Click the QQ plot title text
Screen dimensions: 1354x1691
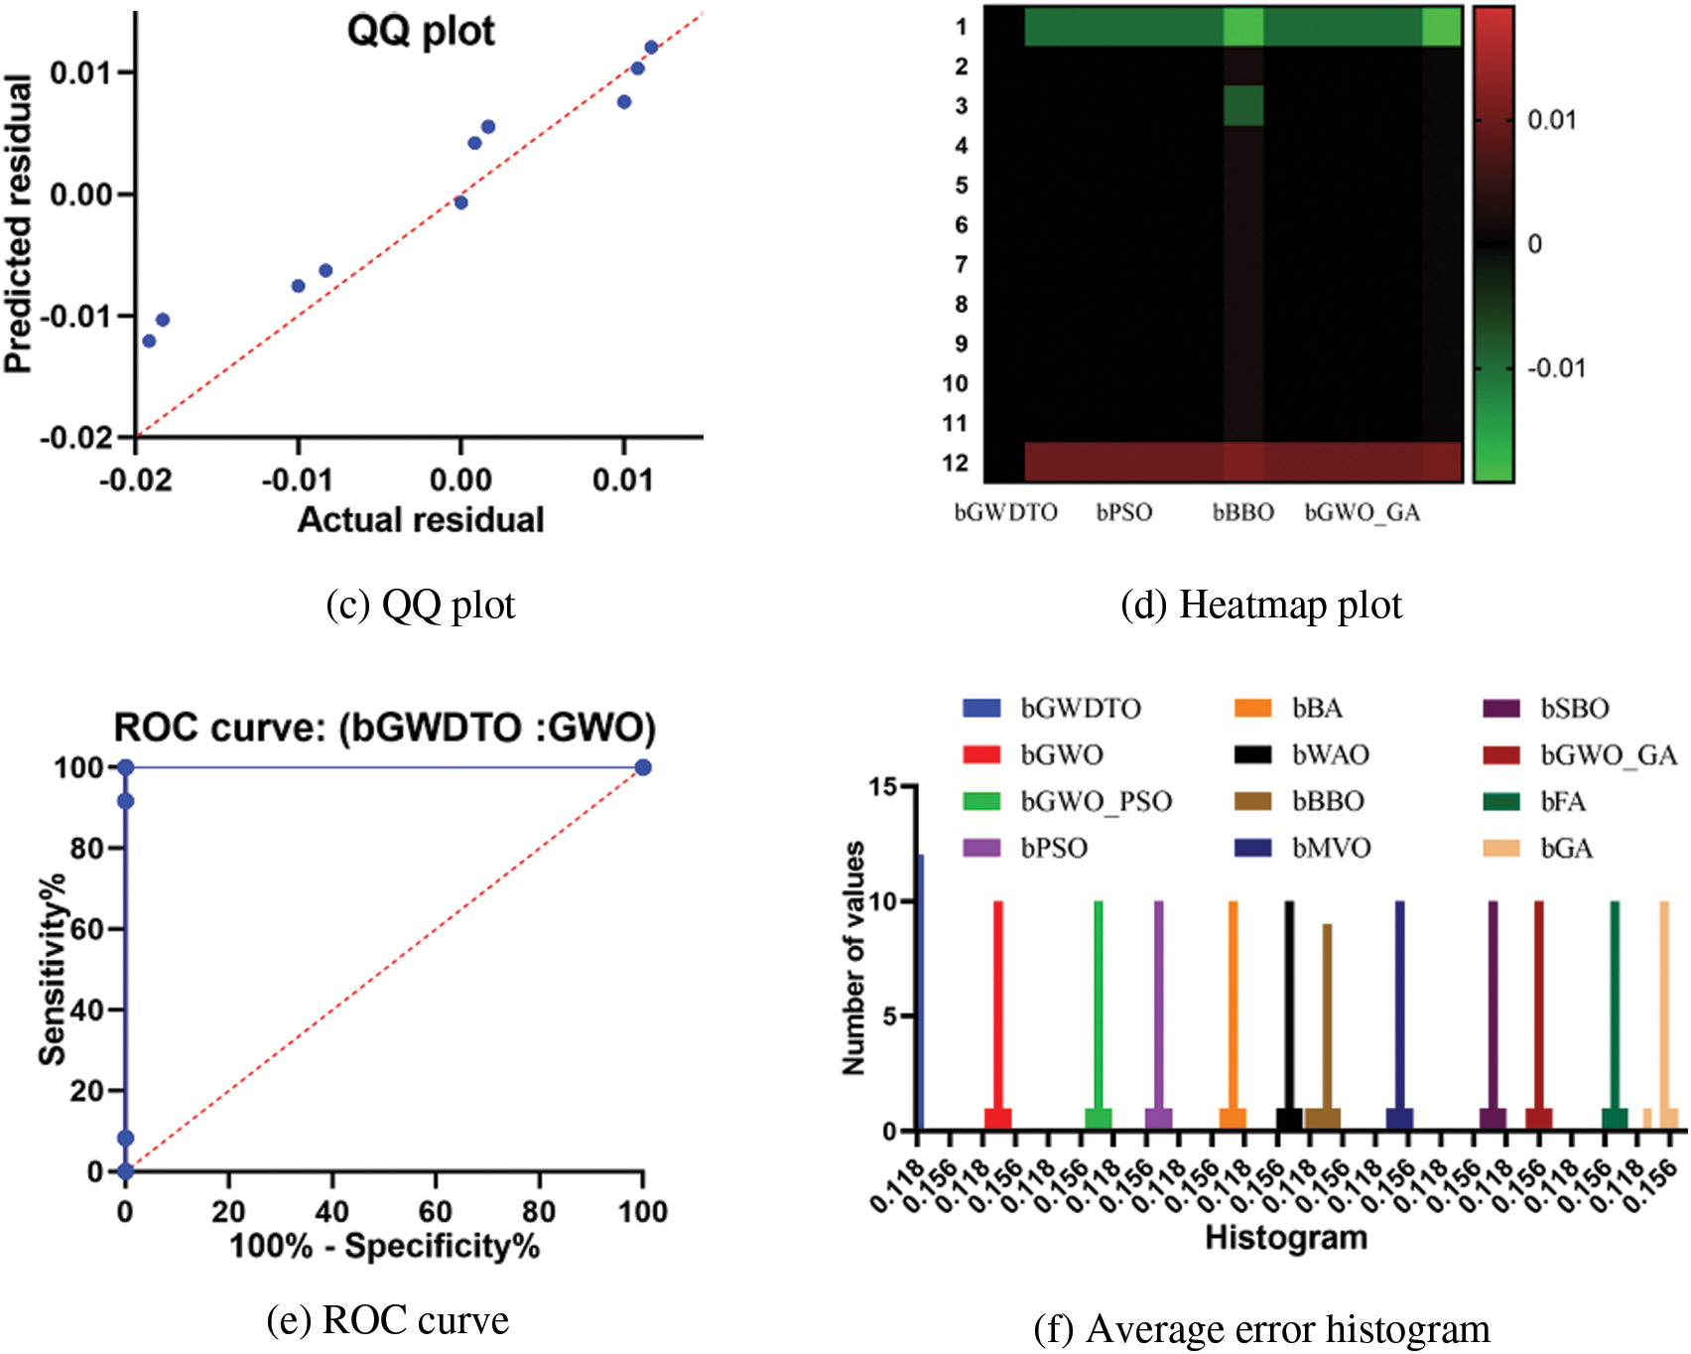click(420, 31)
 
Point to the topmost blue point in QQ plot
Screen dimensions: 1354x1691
click(651, 47)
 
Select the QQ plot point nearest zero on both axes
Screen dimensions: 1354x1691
click(460, 203)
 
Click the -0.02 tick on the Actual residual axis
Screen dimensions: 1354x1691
click(136, 480)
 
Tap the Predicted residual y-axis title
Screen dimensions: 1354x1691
click(18, 224)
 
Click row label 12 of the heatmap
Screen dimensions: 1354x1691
click(955, 463)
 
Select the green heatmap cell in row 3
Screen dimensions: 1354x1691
click(1242, 105)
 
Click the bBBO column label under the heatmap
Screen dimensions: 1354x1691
click(1242, 512)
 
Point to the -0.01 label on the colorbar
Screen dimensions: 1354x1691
click(1556, 368)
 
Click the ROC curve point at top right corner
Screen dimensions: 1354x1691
click(643, 767)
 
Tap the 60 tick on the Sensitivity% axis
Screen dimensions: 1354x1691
click(87, 929)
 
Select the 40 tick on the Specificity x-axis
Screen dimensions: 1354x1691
click(331, 1211)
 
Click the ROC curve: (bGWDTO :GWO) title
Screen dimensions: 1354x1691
click(385, 728)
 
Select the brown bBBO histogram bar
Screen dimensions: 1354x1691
click(1326, 1022)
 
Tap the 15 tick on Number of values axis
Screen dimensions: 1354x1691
click(881, 787)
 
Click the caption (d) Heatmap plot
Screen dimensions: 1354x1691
click(1260, 605)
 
